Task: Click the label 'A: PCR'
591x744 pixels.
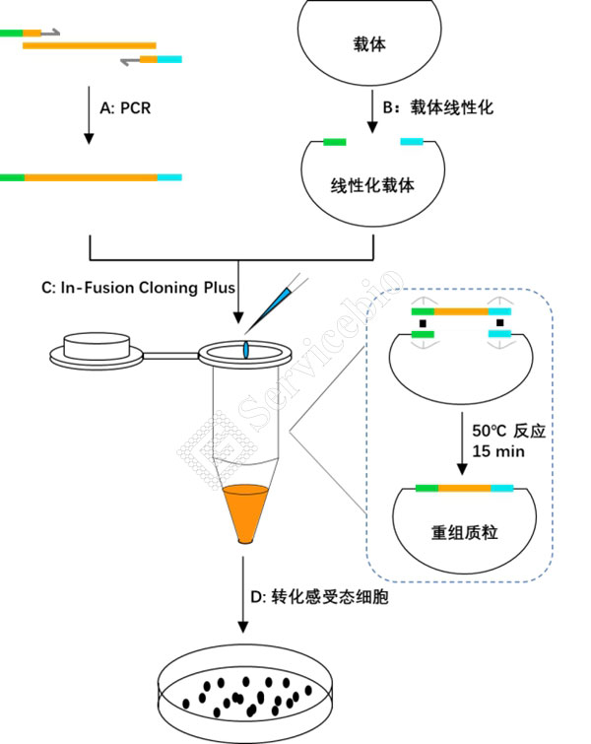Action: click(125, 108)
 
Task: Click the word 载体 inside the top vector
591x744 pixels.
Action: click(369, 45)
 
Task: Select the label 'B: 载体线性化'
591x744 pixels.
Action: click(437, 107)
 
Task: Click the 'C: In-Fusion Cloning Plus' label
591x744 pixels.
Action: click(139, 289)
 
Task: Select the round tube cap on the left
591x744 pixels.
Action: click(96, 348)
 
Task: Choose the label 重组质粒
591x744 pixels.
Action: click(464, 532)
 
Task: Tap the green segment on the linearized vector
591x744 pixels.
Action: click(335, 143)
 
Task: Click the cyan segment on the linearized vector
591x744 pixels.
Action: click(412, 143)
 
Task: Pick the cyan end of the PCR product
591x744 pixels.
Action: click(169, 177)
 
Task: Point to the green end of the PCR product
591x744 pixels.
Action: click(12, 177)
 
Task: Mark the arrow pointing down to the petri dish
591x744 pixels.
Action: click(241, 601)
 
